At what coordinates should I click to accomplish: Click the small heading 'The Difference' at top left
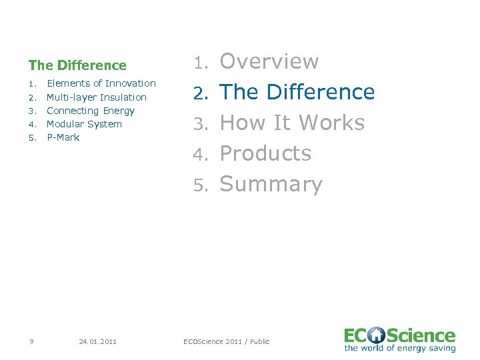[77, 65]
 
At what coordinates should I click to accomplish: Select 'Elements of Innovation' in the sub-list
[101, 83]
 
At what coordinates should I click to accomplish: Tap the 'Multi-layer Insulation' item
[96, 97]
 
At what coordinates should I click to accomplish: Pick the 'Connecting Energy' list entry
[90, 111]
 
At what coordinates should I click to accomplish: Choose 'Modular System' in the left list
[84, 124]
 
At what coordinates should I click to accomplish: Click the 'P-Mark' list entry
[63, 137]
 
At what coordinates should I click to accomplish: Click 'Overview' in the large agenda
[269, 61]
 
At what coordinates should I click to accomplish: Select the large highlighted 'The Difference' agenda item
[297, 92]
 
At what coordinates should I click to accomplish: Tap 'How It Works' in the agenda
[292, 123]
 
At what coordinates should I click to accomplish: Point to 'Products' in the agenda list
[265, 153]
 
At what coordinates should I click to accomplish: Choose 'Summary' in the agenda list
[271, 184]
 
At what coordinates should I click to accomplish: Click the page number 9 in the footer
[32, 341]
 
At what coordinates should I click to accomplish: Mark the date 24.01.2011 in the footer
[97, 341]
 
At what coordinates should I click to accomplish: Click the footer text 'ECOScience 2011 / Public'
[227, 341]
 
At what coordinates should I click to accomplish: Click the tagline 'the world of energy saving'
[400, 348]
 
